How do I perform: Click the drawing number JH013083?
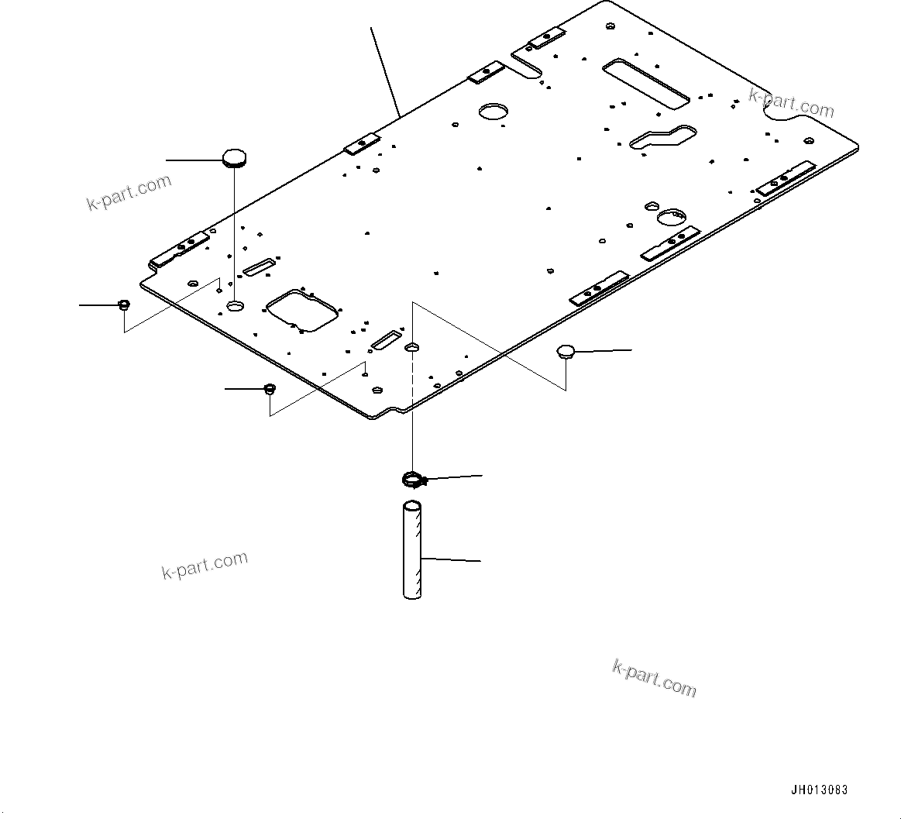click(819, 790)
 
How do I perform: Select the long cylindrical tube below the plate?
click(413, 551)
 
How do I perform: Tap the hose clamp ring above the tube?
click(414, 480)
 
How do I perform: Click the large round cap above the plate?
click(234, 158)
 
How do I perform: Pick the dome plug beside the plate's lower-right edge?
click(566, 352)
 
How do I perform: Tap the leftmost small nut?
click(123, 304)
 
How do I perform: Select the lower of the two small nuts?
click(270, 388)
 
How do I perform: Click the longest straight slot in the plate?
click(645, 81)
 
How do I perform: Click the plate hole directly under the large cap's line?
click(235, 307)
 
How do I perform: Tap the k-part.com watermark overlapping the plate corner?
click(791, 103)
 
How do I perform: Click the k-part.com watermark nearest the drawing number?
click(654, 678)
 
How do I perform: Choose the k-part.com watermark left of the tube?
click(205, 565)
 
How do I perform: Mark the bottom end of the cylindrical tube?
click(413, 594)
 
